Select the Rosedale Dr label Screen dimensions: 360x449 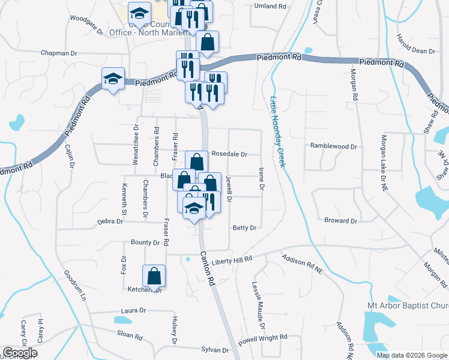click(229, 154)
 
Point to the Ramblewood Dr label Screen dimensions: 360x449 click(333, 146)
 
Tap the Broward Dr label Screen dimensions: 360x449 click(340, 221)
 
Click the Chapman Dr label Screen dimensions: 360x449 click(59, 53)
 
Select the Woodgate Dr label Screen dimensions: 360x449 click(83, 18)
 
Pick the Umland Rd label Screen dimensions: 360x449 click(270, 6)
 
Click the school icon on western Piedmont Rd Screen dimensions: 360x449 click(113, 79)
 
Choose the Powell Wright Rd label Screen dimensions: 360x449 click(267, 338)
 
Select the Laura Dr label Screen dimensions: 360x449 click(133, 311)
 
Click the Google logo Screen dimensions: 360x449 click(20, 353)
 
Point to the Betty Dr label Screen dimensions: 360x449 click(244, 228)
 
